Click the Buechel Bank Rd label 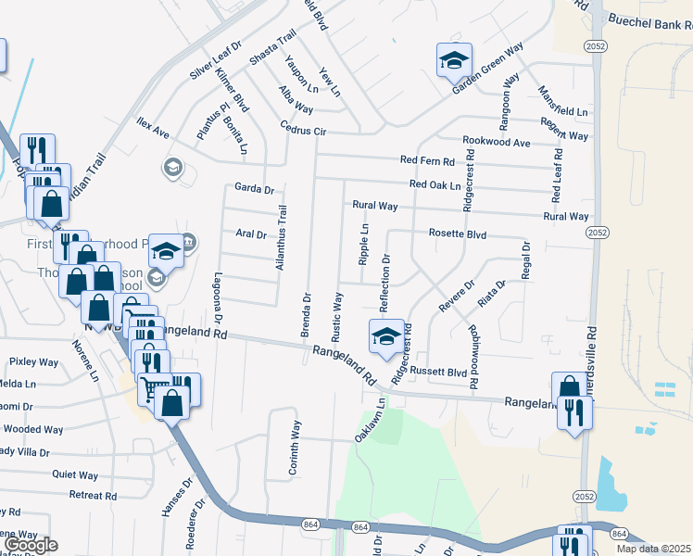[x=647, y=19]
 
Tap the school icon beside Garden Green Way [x=454, y=60]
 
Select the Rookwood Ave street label [x=497, y=143]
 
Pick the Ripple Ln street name [x=364, y=245]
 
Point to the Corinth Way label [x=295, y=448]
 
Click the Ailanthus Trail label [x=281, y=238]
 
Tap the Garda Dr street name [x=255, y=188]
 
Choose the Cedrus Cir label [x=305, y=132]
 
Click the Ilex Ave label [x=153, y=129]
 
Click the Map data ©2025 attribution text [x=654, y=549]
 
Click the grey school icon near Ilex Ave [x=171, y=168]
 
